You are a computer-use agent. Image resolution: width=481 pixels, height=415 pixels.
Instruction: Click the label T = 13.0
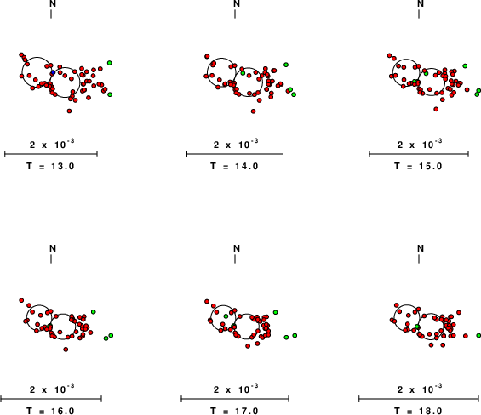50,166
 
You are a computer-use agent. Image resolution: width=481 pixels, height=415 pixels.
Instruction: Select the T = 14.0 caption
235,166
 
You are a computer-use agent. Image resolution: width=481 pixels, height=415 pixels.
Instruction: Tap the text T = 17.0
235,411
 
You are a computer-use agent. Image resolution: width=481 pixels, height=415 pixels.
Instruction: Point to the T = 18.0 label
419,411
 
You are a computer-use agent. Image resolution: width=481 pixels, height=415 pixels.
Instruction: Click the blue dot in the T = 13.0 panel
53,72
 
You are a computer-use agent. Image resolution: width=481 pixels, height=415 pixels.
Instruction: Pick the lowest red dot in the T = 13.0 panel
69,111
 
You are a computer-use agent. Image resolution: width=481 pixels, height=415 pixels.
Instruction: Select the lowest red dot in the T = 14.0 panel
253,111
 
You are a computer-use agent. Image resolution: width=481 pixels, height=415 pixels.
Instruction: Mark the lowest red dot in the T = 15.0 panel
436,109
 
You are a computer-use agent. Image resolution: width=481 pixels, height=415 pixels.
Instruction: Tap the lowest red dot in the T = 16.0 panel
66,350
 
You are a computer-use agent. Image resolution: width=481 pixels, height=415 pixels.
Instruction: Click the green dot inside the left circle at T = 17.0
226,316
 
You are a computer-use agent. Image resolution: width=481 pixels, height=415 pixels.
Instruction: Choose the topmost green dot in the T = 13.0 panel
110,63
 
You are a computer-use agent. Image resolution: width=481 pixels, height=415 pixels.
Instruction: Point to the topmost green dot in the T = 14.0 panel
286,65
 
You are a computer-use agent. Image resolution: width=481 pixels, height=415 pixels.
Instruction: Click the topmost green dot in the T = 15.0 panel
465,65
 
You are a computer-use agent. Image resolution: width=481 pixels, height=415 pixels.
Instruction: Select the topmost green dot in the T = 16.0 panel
94,312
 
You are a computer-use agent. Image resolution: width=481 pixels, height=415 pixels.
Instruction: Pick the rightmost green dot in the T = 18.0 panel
478,336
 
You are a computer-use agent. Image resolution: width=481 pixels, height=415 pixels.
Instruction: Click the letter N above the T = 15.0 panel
421,3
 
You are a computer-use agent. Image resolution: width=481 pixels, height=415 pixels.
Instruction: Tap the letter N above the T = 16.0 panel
53,248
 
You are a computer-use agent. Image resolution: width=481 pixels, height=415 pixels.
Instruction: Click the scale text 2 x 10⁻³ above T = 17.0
236,389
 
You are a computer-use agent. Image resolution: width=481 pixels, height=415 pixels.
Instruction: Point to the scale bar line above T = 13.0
51,154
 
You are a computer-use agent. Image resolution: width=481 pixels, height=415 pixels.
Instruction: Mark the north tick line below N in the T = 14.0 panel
235,14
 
